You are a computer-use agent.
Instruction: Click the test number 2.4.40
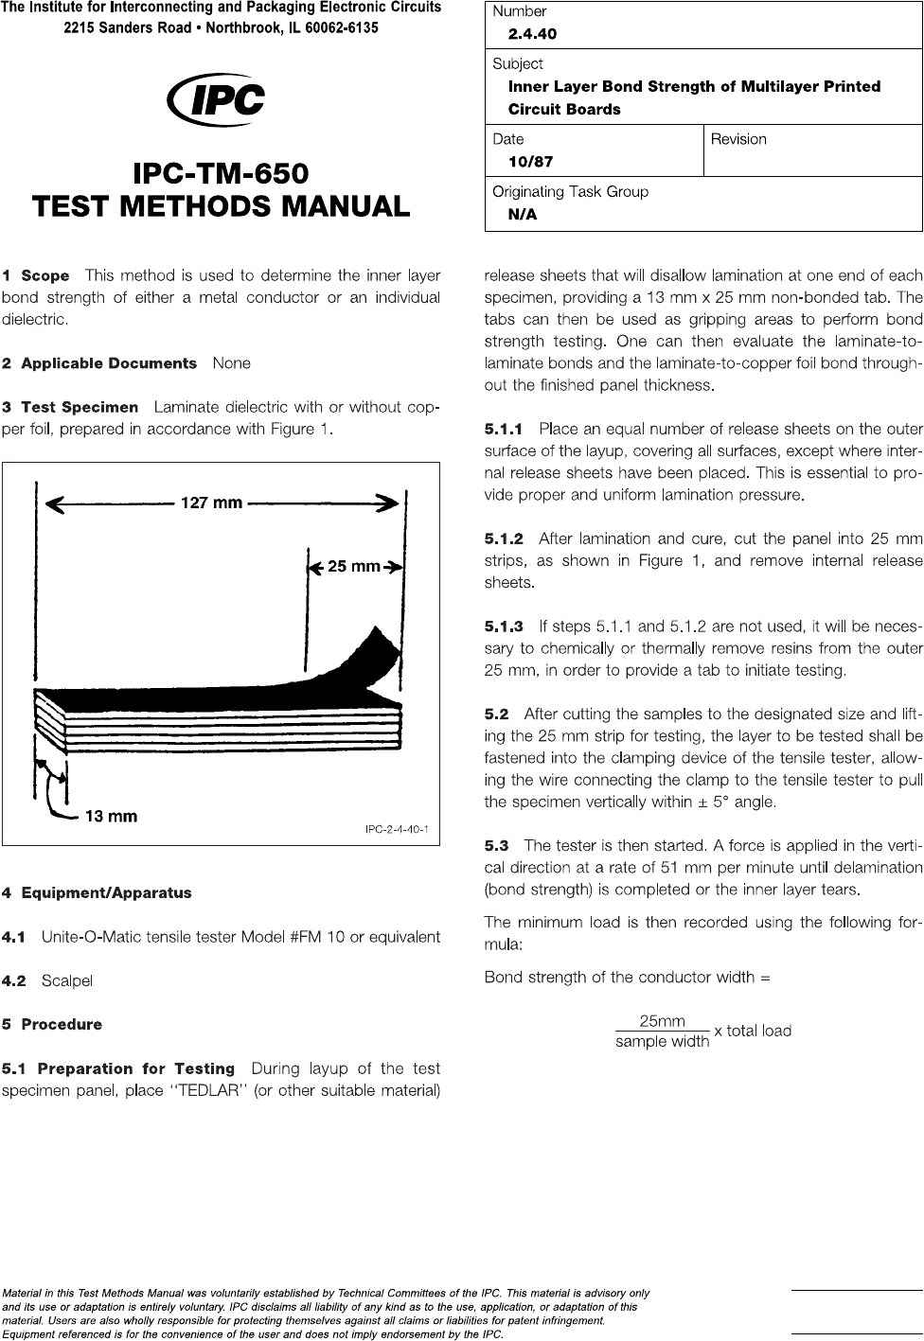(532, 34)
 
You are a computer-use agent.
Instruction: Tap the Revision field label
(738, 139)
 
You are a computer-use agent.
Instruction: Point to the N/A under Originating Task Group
(523, 215)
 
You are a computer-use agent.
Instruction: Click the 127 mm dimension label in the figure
(211, 503)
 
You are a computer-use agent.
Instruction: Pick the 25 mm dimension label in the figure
(353, 567)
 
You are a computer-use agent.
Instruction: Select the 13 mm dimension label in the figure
(111, 816)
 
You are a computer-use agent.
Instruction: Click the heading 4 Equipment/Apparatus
(97, 892)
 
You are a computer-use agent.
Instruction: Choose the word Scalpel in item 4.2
(66, 980)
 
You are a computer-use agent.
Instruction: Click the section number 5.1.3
(503, 626)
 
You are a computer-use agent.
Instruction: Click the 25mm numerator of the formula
(662, 1021)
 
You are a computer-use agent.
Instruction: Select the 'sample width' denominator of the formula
(662, 1042)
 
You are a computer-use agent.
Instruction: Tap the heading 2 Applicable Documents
(99, 363)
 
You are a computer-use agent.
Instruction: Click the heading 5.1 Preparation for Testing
(118, 1069)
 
